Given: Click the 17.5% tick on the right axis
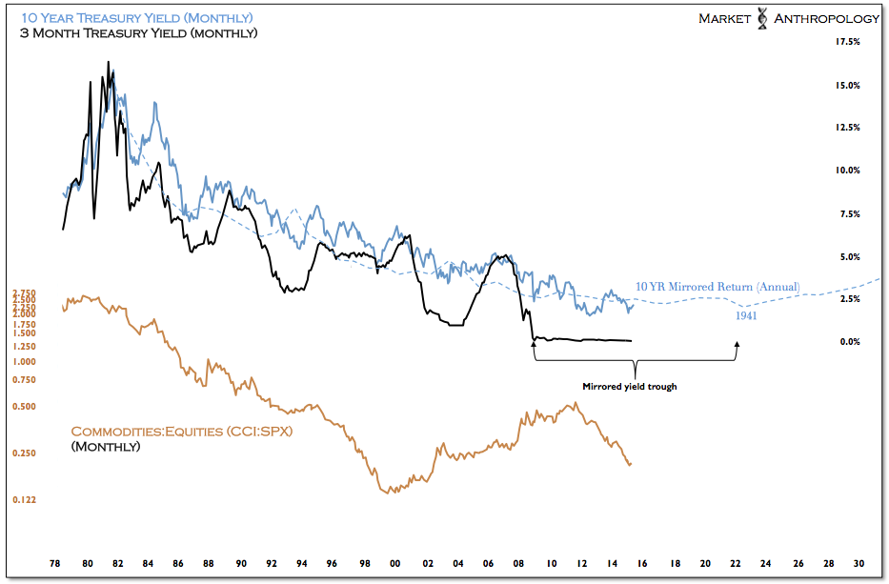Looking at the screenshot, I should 847,42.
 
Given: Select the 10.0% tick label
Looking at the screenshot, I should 847,171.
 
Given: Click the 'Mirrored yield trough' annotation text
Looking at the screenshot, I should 629,387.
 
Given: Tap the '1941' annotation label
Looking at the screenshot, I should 746,315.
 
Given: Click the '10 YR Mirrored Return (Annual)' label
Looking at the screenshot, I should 717,287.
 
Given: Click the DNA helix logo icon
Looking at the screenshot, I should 761,19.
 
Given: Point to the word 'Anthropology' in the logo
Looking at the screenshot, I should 824,19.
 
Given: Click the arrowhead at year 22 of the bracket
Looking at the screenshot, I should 737,345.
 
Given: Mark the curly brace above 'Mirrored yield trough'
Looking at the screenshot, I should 635,366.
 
